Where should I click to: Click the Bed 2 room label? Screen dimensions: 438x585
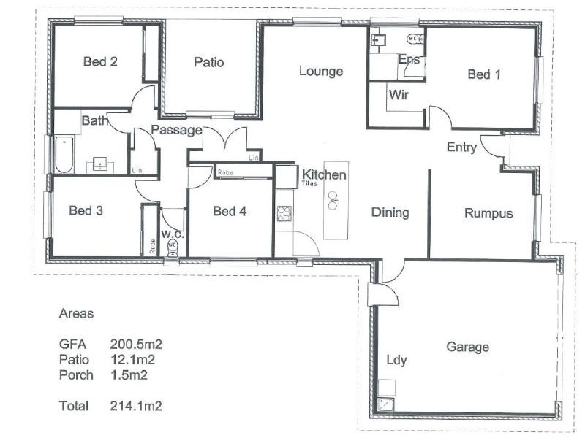[100, 61]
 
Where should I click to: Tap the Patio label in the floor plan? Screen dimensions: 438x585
[208, 62]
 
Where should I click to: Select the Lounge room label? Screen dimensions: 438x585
[320, 71]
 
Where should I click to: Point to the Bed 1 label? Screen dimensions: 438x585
[484, 74]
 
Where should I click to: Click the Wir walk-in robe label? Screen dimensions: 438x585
[398, 95]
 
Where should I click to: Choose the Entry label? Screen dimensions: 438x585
[461, 147]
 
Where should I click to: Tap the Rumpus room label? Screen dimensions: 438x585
[488, 213]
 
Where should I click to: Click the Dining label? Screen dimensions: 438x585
[390, 212]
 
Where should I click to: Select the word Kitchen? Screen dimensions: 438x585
[324, 175]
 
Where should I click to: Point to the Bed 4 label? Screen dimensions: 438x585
[229, 212]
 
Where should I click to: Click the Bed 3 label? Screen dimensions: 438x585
[86, 211]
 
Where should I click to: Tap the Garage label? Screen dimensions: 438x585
[467, 347]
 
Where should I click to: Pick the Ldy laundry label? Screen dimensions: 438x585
[396, 360]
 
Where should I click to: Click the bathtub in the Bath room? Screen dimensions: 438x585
[64, 155]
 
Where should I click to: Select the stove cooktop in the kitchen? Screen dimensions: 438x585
[284, 214]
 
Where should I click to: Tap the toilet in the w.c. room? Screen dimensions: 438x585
[173, 247]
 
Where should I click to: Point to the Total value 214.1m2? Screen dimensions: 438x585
[136, 405]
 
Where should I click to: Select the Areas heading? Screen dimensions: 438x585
[76, 314]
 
